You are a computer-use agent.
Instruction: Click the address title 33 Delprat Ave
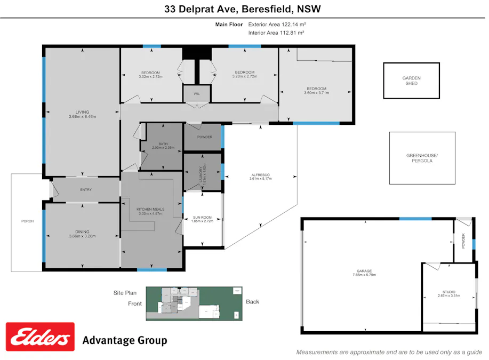243,9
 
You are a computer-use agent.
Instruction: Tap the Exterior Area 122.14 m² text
277,25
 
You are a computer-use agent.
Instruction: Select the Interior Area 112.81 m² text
276,33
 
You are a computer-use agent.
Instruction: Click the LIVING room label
82,112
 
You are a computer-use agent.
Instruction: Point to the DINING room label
82,231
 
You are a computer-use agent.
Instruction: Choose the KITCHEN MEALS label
150,210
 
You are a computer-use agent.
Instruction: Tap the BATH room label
163,144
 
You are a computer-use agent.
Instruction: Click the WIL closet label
197,94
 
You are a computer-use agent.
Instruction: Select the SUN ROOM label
202,218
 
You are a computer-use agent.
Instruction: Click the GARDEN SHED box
411,81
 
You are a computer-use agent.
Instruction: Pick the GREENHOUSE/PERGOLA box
422,158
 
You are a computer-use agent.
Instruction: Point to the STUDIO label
448,292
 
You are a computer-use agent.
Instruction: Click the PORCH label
27,221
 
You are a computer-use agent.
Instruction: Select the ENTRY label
86,190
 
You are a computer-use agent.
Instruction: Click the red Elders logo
40,337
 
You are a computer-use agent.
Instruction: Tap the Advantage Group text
124,340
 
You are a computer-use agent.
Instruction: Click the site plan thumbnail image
194,303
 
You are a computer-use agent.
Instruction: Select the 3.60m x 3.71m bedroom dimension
316,93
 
